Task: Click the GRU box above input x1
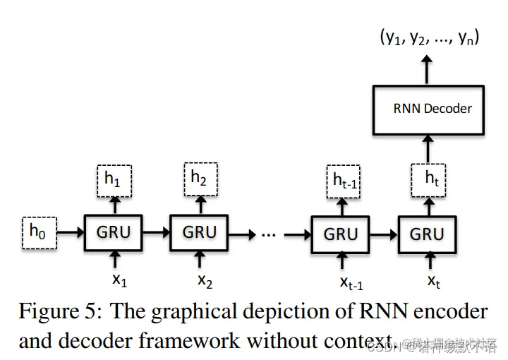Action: coord(113,232)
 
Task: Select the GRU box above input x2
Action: coord(200,232)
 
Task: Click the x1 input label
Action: coord(119,280)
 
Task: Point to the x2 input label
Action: coord(204,280)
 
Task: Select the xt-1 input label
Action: coord(351,283)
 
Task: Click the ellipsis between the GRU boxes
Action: coord(268,233)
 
